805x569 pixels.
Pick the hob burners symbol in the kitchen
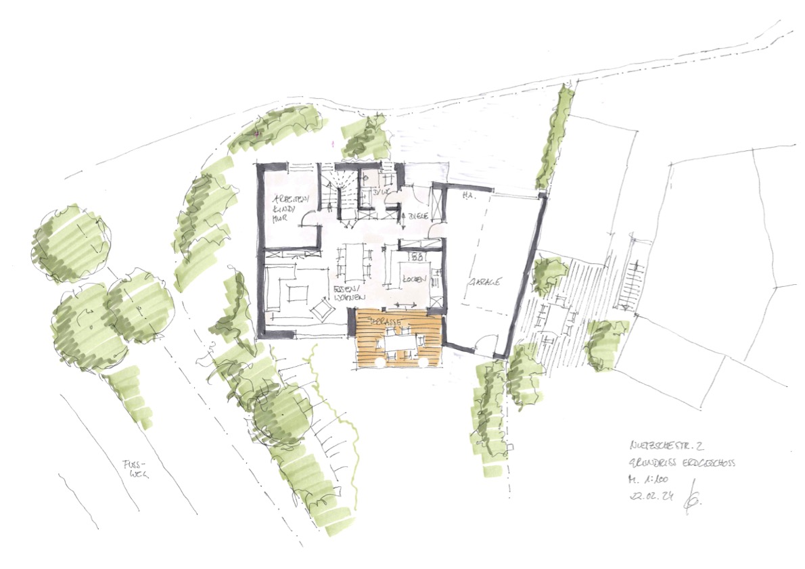click(417, 258)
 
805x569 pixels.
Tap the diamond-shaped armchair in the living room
click(321, 309)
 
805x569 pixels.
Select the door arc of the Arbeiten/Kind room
click(308, 220)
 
